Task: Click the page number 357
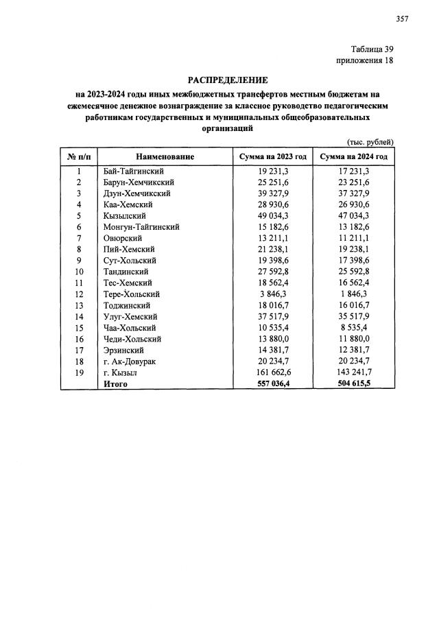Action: click(402, 19)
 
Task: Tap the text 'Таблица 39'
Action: click(372, 49)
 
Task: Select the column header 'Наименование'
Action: click(165, 157)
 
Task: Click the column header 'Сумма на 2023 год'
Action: click(272, 157)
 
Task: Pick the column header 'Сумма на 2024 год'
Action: click(354, 157)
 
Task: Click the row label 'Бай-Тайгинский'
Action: click(134, 171)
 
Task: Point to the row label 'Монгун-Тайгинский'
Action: click(141, 227)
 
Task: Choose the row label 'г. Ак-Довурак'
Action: click(130, 361)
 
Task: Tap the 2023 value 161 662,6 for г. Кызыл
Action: click(272, 372)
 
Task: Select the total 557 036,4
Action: click(272, 383)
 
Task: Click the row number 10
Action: click(79, 272)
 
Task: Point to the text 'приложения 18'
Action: click(365, 61)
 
